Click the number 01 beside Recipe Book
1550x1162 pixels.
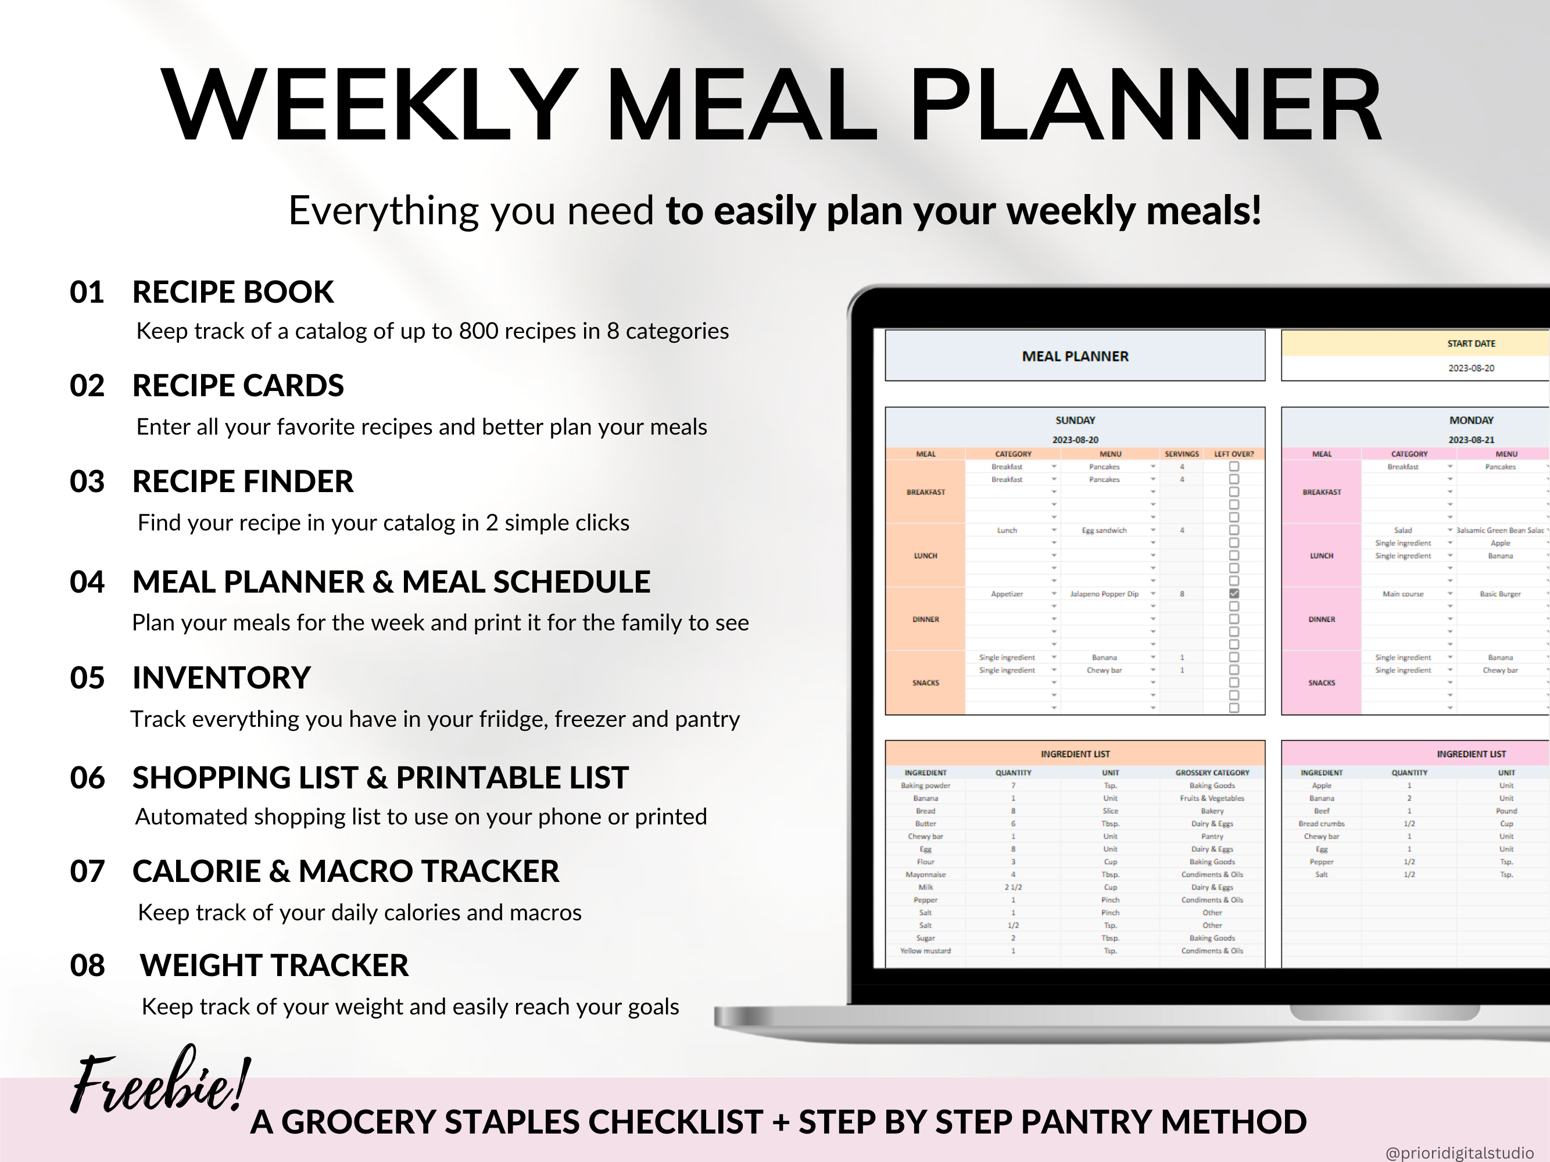[87, 292]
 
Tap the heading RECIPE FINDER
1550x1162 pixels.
[242, 482]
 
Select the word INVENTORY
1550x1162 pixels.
[221, 678]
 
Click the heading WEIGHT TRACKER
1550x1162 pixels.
[274, 965]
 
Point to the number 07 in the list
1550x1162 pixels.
[87, 871]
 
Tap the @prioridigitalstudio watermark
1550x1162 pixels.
[1459, 1152]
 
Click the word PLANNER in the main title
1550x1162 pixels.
[1146, 105]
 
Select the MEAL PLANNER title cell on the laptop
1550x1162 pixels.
[1075, 356]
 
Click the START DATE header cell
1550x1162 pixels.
[1471, 343]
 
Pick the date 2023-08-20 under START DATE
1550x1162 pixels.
[1471, 368]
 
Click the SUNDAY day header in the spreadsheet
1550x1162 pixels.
[1075, 420]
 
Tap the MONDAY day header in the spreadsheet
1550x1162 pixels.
[1471, 420]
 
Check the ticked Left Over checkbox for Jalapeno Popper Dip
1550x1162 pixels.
[1234, 594]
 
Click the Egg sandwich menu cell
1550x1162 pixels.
[1104, 530]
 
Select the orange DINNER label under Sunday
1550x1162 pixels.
[926, 619]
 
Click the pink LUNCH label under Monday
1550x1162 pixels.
[1322, 555]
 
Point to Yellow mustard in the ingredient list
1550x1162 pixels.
[925, 951]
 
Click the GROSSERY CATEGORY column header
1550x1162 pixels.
[1212, 773]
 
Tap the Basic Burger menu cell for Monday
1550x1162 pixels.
[1500, 594]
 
